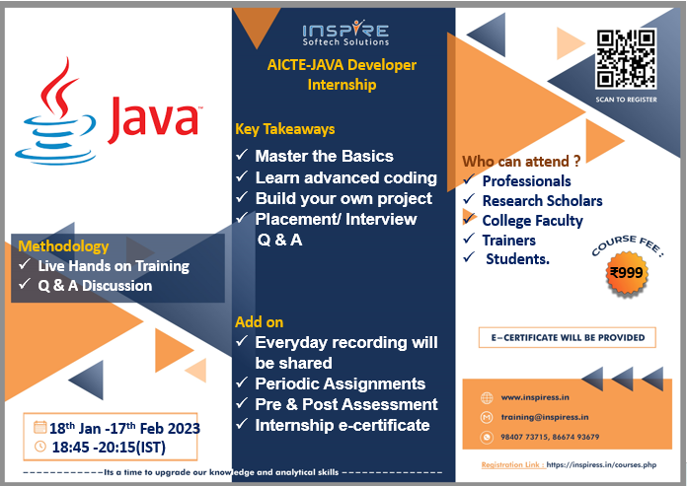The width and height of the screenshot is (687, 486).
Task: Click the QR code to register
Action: coord(626,58)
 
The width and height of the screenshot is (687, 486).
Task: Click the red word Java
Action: coord(155,118)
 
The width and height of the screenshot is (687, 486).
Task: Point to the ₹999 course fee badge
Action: coord(627,273)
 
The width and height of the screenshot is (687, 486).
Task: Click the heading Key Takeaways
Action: coord(285,129)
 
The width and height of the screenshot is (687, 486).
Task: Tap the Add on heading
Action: coord(259,322)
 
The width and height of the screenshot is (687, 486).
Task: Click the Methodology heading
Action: coord(63,246)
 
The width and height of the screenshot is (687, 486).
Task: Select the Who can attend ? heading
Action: coord(521,162)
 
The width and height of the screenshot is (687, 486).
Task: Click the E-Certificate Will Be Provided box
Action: coord(568,338)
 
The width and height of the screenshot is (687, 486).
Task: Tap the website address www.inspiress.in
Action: coord(535,397)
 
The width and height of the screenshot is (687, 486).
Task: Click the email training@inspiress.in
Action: coord(545,417)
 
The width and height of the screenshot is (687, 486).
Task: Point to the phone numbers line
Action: coord(550,437)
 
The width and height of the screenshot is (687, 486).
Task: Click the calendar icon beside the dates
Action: coord(39,427)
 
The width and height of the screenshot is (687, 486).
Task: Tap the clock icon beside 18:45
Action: coord(39,447)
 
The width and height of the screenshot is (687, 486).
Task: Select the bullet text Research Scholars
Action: coord(543,201)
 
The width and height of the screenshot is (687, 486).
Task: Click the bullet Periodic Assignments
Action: coord(340,383)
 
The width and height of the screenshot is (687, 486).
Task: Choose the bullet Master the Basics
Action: coord(324,156)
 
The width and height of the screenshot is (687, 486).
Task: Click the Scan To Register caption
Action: coord(626,100)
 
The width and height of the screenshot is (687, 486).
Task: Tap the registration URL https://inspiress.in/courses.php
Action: coord(601,465)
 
